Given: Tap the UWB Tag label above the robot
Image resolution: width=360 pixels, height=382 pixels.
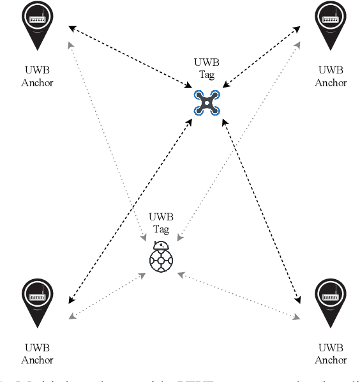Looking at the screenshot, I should click(160, 223).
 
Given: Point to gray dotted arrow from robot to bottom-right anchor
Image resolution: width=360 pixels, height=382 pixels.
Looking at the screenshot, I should click(239, 295).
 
